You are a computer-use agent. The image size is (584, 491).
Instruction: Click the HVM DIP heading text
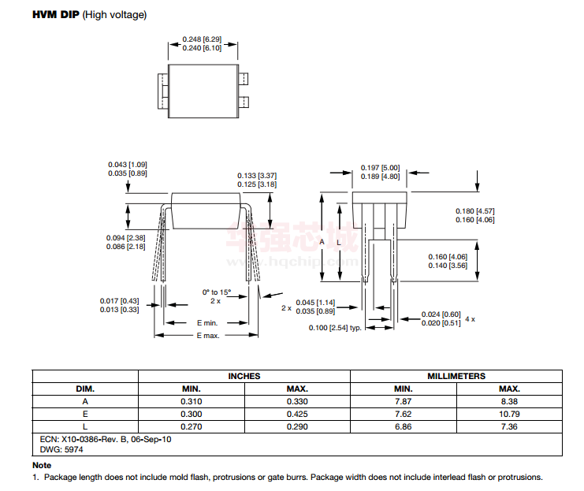tap(56, 14)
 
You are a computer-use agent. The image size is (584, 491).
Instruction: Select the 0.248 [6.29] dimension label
tap(202, 39)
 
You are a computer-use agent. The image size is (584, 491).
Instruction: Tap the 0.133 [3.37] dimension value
tap(257, 176)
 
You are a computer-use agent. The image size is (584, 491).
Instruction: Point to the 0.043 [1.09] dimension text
tap(128, 164)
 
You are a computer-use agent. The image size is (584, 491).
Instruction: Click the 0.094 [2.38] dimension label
tap(125, 238)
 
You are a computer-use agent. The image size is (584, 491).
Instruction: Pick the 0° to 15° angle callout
tap(217, 292)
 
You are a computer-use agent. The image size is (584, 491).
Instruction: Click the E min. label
tap(207, 323)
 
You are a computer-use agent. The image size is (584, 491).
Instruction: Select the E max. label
tap(208, 336)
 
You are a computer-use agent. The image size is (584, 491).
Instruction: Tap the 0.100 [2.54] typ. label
tap(335, 328)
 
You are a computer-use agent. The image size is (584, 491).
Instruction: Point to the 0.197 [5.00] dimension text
tap(380, 168)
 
